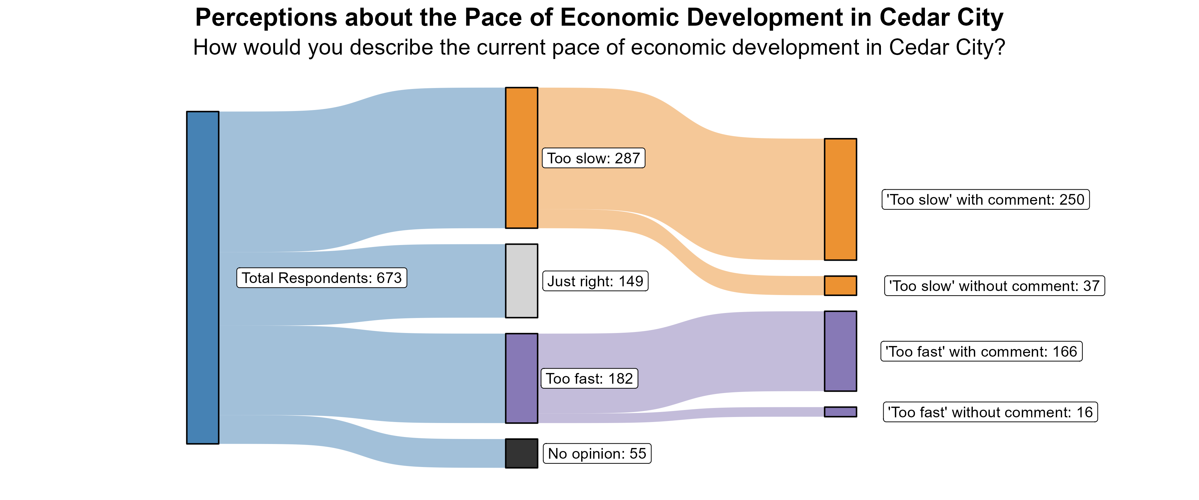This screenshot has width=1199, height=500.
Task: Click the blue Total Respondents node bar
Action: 202,278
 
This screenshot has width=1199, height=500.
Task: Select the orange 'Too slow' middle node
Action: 521,158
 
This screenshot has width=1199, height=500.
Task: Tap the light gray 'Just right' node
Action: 521,281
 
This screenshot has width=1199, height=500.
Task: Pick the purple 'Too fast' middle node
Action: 521,378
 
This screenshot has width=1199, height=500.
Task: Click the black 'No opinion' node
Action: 521,453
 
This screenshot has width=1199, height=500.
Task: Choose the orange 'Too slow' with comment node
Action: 840,199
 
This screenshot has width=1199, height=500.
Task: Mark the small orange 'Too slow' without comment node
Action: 840,286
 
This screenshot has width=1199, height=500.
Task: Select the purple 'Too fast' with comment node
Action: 840,351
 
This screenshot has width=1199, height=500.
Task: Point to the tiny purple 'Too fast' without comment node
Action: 840,412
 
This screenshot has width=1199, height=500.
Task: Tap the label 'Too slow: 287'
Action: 594,158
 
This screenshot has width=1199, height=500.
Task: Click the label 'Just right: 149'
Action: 595,281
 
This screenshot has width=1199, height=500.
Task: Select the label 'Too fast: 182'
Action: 589,378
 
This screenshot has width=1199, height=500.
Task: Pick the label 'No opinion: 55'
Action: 597,453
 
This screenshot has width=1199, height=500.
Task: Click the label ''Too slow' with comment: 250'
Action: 986,199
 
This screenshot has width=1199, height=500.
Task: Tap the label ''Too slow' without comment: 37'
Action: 994,286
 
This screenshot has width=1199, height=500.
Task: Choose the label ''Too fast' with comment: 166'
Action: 981,351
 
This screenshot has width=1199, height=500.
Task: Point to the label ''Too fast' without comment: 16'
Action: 990,412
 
